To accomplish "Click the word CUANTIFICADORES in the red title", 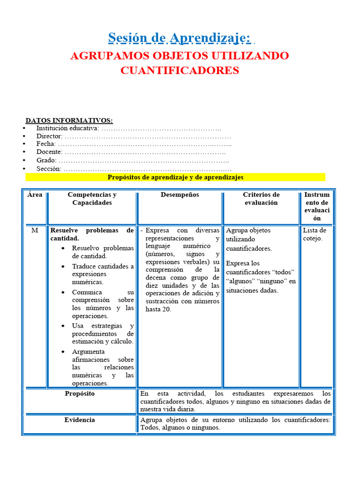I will pyautogui.click(x=180, y=70).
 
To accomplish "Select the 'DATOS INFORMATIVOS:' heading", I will pyautogui.click(x=69, y=120).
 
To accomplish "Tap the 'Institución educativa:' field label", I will pyautogui.click(x=67, y=128).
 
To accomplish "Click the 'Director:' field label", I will pyautogui.click(x=49, y=136).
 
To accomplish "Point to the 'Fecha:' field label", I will pyautogui.click(x=46, y=144).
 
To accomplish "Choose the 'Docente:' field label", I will pyautogui.click(x=49, y=152).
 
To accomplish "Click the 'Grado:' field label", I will pyautogui.click(x=46, y=160).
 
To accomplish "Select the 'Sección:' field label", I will pyautogui.click(x=49, y=168).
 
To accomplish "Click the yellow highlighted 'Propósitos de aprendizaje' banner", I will pyautogui.click(x=175, y=177).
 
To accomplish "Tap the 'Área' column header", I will pyautogui.click(x=35, y=195).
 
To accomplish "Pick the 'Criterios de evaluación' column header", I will pyautogui.click(x=261, y=199).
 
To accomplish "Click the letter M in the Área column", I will pyautogui.click(x=35, y=230).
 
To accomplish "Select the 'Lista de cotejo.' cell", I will pyautogui.click(x=315, y=234).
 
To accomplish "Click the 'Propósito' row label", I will pyautogui.click(x=80, y=394).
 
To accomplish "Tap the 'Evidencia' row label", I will pyautogui.click(x=80, y=420).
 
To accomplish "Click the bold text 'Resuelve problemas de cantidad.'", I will pyautogui.click(x=92, y=234).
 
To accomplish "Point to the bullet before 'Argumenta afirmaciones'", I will pyautogui.click(x=63, y=352).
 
